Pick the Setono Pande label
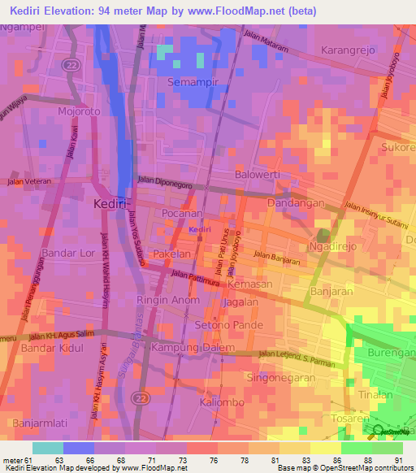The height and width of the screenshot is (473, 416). (229, 325)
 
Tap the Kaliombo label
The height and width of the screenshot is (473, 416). (223, 402)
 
